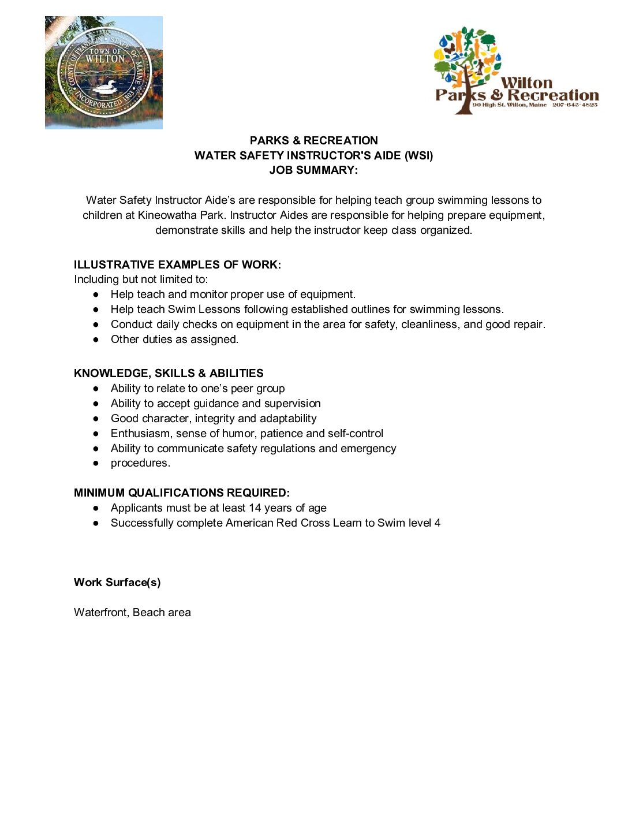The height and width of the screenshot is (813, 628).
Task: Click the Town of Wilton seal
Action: click(104, 73)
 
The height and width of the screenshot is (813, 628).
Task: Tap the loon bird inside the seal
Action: click(104, 87)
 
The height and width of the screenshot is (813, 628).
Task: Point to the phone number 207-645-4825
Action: click(574, 105)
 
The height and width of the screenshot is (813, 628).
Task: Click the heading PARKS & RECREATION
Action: click(313, 140)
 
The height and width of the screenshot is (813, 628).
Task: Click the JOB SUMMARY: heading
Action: click(313, 170)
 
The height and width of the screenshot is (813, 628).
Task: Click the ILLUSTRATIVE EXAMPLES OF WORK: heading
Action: click(177, 264)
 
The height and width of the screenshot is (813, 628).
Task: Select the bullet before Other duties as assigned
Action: click(96, 340)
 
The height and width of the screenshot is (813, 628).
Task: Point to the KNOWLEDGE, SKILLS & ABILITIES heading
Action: click(169, 373)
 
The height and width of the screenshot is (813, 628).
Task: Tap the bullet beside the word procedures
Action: click(96, 463)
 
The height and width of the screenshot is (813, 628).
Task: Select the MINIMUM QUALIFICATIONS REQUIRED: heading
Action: click(181, 493)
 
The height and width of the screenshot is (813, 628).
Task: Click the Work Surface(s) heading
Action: click(117, 582)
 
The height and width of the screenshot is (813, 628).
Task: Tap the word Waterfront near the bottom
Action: click(101, 612)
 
